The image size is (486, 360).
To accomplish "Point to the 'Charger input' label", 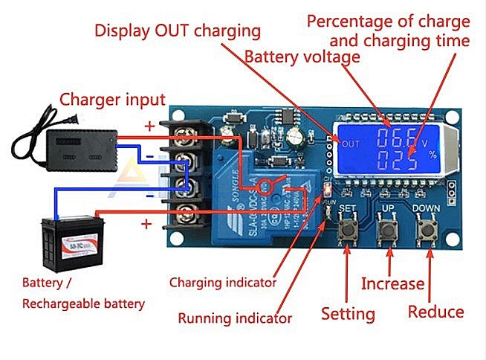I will click(x=112, y=99).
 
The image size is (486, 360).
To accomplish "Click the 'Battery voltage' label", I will click(x=302, y=57).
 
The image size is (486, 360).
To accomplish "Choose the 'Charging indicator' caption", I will click(x=223, y=283).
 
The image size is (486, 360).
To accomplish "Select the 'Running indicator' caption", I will click(x=235, y=318).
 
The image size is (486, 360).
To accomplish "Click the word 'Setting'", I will click(x=348, y=313).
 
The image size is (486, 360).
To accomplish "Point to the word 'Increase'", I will click(x=392, y=283).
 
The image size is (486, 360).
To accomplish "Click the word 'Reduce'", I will click(x=436, y=312).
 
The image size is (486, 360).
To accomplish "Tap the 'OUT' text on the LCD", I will click(x=351, y=144).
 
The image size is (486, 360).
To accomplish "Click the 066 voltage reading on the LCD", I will click(x=398, y=138).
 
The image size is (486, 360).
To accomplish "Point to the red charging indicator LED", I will click(x=324, y=192).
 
